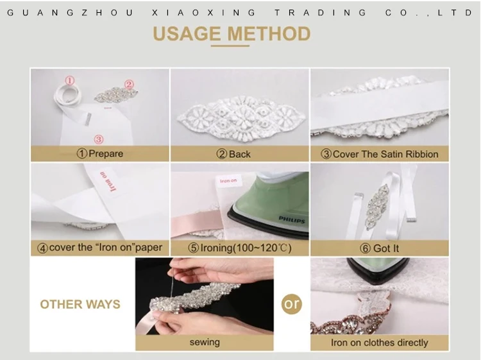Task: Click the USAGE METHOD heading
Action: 232,33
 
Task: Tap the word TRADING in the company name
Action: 320,13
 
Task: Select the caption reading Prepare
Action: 106,153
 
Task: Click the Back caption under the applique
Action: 240,154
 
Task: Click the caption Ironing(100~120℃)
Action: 246,248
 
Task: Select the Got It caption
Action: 386,248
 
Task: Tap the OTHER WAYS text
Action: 80,304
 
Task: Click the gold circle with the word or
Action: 291,304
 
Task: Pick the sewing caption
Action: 205,342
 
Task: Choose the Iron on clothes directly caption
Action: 379,343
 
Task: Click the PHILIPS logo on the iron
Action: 292,219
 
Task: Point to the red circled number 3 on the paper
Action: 99,139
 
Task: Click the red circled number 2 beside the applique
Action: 129,84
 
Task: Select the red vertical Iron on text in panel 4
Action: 108,182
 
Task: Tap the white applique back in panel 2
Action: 241,119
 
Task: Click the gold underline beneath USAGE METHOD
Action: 230,46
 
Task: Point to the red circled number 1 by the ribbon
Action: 70,81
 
